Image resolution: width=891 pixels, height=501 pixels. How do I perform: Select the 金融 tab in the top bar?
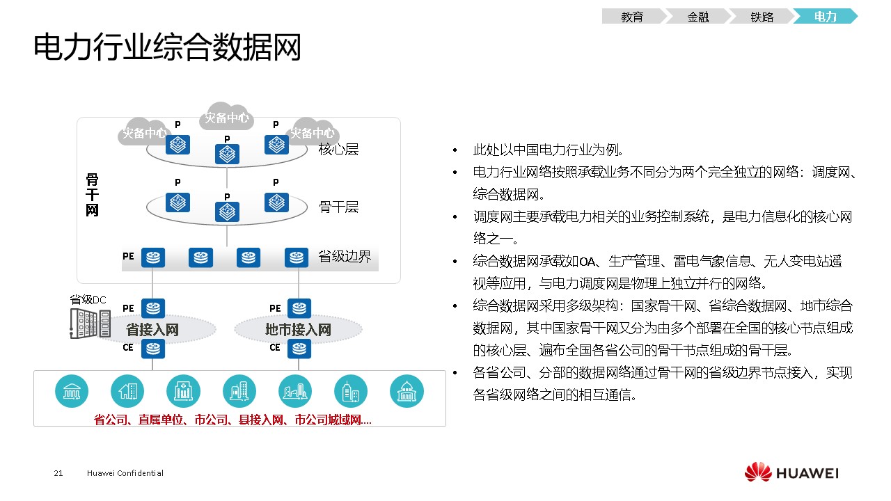point(698,16)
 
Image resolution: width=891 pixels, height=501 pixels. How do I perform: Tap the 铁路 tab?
point(762,16)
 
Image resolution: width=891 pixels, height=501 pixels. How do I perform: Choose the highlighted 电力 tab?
point(826,16)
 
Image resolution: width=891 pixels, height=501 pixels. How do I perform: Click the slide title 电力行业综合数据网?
point(167,47)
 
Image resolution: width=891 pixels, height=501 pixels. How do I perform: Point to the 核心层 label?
point(338,149)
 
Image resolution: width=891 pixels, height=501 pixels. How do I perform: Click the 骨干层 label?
point(338,207)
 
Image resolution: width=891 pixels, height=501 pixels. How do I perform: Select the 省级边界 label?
point(345,257)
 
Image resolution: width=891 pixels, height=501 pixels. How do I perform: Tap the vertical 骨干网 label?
point(92,195)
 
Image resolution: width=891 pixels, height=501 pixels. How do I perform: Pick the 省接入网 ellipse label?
point(152,330)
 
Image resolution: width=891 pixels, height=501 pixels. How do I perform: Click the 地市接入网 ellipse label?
point(298,330)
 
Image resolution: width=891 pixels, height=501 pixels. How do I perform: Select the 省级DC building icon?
point(90,324)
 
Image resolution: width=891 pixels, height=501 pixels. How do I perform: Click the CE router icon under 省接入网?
point(153,349)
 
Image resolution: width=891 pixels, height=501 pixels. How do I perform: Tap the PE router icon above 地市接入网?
point(299,308)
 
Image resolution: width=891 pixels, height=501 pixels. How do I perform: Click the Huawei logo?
point(791,472)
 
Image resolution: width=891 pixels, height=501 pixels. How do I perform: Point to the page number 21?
point(58,473)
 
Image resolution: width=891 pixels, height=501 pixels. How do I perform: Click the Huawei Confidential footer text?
point(125,473)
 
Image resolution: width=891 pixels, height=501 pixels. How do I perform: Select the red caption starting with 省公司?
point(232,420)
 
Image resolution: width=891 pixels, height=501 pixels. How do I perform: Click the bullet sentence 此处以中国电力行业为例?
point(548,150)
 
